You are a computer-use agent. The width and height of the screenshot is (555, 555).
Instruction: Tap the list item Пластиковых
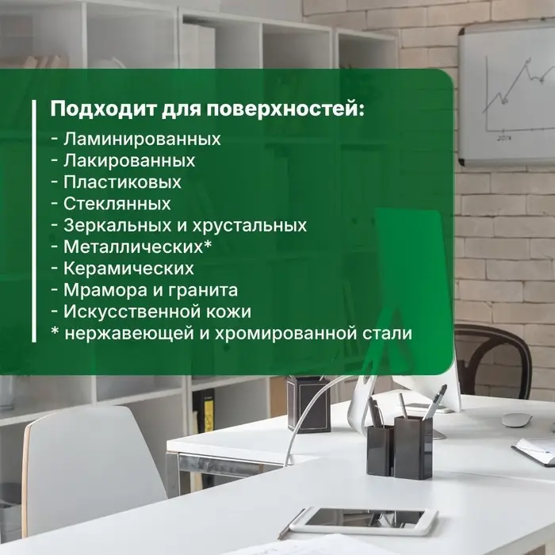click(x=122, y=182)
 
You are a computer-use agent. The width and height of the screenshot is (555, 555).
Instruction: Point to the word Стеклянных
click(x=117, y=204)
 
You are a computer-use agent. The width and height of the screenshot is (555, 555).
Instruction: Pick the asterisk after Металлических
click(x=208, y=246)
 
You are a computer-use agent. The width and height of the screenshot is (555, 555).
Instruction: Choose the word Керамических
click(x=128, y=268)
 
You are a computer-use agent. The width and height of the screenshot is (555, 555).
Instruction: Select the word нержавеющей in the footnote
click(x=123, y=334)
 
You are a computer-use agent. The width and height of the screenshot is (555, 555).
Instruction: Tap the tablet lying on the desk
click(x=364, y=519)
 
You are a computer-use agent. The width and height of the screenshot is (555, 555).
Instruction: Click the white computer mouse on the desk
click(x=516, y=419)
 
